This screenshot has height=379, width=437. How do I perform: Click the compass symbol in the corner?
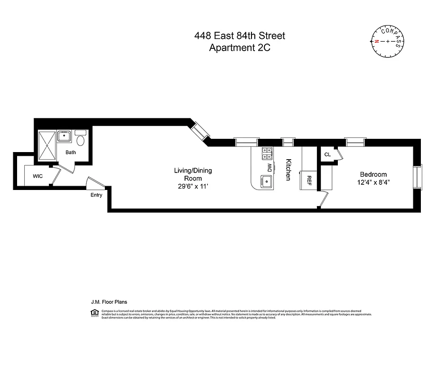pyautogui.click(x=388, y=41)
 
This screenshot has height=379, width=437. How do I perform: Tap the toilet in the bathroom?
pyautogui.click(x=81, y=139)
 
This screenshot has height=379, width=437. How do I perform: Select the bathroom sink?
pyautogui.click(x=65, y=137)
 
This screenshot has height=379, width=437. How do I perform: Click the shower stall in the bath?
pyautogui.click(x=47, y=146)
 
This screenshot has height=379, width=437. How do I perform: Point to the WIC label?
pyautogui.click(x=38, y=176)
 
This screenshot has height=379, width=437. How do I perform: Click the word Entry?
pyautogui.click(x=96, y=195)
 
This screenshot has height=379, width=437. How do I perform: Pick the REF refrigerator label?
pyautogui.click(x=309, y=180)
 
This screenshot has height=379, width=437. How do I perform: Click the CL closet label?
pyautogui.click(x=327, y=154)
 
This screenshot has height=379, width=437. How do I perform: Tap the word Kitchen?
pyautogui.click(x=288, y=169)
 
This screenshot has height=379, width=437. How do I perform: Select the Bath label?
pyautogui.click(x=71, y=153)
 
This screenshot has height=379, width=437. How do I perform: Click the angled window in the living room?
pyautogui.click(x=200, y=130)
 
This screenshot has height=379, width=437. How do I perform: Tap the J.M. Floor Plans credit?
pyautogui.click(x=109, y=301)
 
